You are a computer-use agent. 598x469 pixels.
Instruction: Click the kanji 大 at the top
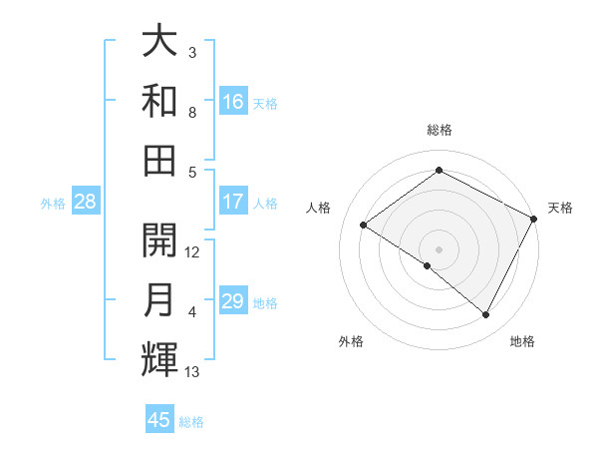pos(159,42)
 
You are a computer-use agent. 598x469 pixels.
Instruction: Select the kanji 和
pos(159,100)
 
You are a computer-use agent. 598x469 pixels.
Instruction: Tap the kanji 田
pos(159,158)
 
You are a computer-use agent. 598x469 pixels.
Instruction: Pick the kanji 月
pos(159,299)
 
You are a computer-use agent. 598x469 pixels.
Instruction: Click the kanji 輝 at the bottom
pos(159,357)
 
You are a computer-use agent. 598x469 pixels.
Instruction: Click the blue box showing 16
pos(233,102)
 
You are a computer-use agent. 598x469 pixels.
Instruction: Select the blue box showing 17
pos(233,202)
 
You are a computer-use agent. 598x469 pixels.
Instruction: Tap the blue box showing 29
pos(233,302)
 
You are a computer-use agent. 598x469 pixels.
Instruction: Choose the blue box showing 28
pos(86,203)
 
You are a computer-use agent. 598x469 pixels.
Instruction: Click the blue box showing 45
pos(159,420)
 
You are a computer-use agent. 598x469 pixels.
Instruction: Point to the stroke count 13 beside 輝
pos(192,372)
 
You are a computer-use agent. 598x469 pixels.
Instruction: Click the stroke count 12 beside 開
pos(192,251)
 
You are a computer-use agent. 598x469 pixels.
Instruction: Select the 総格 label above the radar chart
pos(439,130)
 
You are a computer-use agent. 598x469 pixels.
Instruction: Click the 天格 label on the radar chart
pos(560,208)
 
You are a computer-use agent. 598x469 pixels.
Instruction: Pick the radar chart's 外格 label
pos(350,341)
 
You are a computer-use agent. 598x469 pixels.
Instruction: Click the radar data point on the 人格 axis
pos(364,225)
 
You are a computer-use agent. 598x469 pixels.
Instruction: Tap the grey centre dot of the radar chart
pos(439,247)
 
